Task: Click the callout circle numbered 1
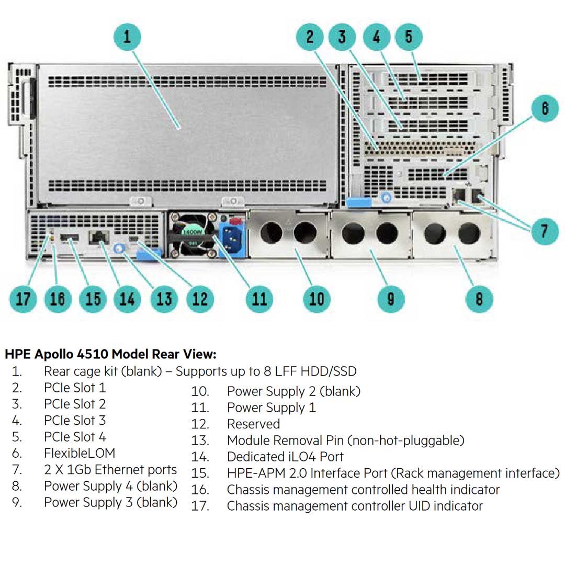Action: click(127, 37)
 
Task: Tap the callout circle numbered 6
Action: click(545, 108)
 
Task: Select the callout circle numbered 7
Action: click(545, 230)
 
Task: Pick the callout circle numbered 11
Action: click(260, 299)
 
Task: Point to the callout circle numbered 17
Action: click(23, 299)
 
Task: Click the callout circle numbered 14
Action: click(127, 299)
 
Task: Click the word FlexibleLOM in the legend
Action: click(80, 453)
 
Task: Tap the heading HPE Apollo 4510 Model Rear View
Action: click(110, 354)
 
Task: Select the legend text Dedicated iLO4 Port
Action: click(285, 457)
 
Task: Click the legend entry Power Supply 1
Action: click(271, 408)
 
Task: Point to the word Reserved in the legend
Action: click(253, 424)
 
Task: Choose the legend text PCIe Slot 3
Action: click(75, 421)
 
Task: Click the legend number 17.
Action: click(200, 506)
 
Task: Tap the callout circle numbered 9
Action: click(390, 299)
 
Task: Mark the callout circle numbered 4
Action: click(376, 37)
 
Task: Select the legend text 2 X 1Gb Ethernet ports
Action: click(110, 469)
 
